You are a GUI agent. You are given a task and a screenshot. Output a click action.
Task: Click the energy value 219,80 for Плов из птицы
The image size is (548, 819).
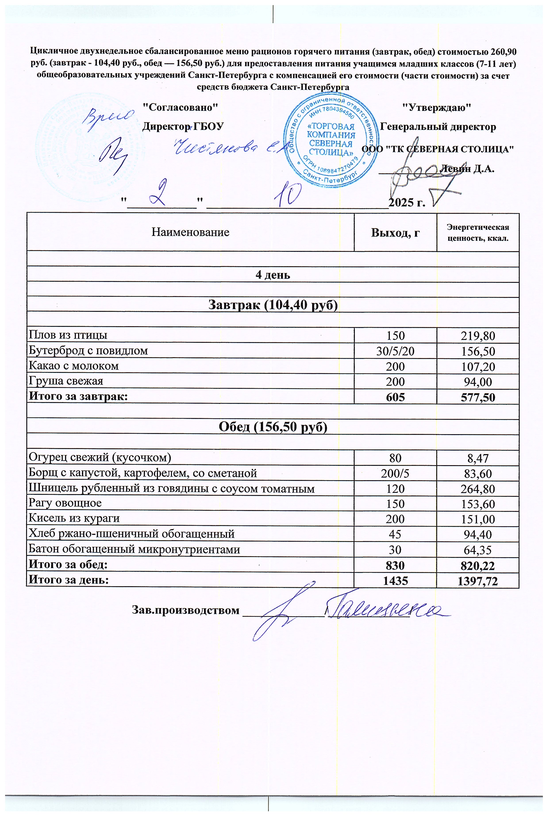click(477, 335)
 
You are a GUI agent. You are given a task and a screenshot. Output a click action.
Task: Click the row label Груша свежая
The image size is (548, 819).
click(66, 381)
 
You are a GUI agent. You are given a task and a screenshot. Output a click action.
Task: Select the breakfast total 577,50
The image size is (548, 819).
click(477, 397)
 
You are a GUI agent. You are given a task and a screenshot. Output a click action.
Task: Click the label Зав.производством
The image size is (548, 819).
click(186, 610)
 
